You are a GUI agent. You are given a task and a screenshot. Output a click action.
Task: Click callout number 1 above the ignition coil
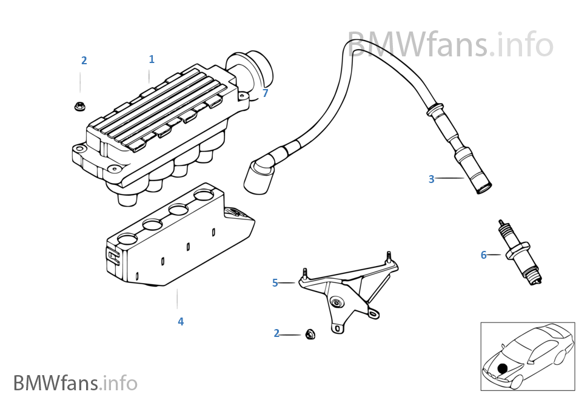[x=152, y=59]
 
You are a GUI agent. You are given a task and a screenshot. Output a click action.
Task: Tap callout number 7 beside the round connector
[x=265, y=93]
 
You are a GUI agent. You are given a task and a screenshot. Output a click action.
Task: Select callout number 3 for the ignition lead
[x=431, y=179]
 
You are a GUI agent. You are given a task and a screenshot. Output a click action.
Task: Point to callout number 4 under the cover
[x=181, y=322]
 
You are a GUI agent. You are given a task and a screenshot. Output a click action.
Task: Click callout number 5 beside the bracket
[x=275, y=283]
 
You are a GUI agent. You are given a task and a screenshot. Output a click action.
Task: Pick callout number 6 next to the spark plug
[x=483, y=255]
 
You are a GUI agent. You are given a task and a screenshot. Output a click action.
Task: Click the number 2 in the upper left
[x=84, y=61]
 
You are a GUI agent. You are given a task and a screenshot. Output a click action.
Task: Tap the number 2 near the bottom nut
[x=276, y=333]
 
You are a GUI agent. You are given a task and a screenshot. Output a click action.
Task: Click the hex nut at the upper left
[x=80, y=105]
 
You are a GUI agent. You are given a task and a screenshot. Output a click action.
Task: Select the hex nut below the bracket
[x=310, y=334]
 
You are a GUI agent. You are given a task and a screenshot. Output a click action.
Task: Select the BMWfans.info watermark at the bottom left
[x=75, y=383]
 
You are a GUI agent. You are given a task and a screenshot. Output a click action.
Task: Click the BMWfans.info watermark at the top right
[x=450, y=45]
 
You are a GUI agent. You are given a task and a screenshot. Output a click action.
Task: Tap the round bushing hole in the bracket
[x=335, y=301]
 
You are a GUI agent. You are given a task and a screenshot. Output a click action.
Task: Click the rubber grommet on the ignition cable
[x=434, y=110]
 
